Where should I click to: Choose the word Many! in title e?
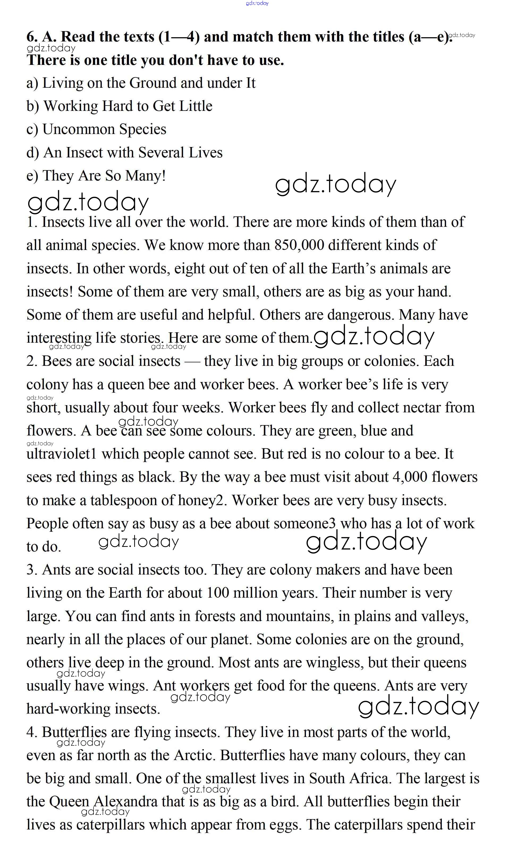(x=145, y=175)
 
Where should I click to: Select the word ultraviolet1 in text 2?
(x=61, y=454)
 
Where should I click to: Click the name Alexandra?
(x=126, y=802)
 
